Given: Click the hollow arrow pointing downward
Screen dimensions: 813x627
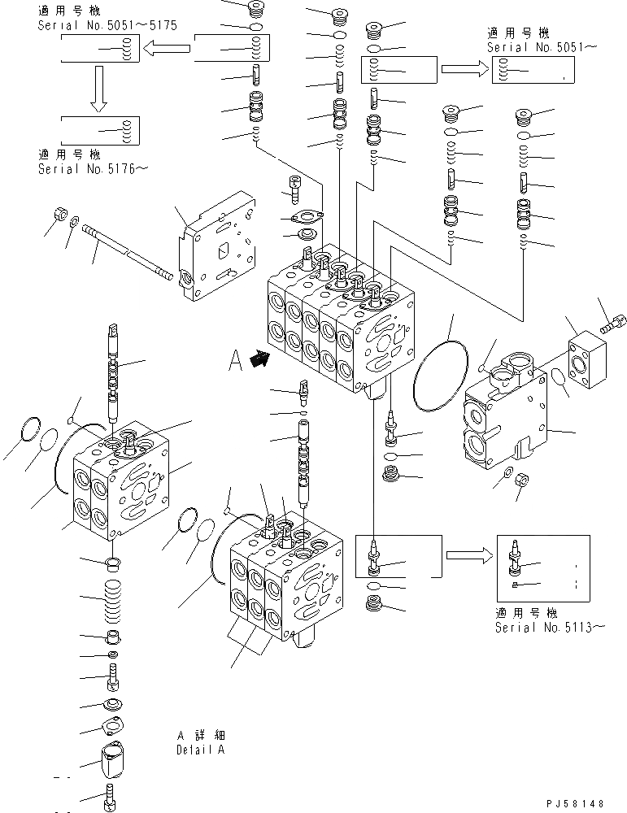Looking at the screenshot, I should pos(98,88).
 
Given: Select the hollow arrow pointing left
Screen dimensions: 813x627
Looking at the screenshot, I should pos(167,51).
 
